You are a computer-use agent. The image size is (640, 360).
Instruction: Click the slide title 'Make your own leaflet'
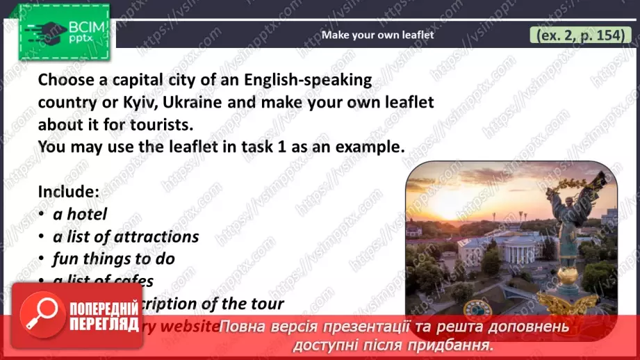pos(377,34)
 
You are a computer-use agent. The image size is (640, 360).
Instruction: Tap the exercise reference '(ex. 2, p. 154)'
pos(577,35)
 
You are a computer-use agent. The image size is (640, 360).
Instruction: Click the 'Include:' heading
pos(68,191)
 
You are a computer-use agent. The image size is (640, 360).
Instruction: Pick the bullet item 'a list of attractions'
pos(126,236)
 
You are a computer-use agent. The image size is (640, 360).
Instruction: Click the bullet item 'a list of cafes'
pos(104,281)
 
